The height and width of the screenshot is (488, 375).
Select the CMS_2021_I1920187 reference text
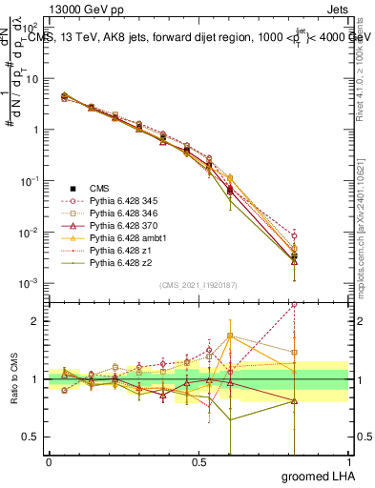coord(197,285)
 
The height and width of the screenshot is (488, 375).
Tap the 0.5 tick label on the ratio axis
coord(32,437)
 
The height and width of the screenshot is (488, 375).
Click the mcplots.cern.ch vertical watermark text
coord(366,238)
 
